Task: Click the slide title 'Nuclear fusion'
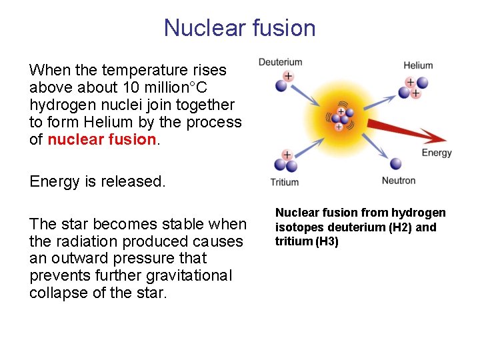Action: (239, 28)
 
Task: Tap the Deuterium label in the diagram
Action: (280, 63)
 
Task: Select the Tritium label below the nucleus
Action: (285, 182)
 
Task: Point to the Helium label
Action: (418, 65)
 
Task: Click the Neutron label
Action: (399, 181)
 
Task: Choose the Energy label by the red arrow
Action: (437, 153)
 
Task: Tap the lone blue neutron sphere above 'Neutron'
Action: (395, 163)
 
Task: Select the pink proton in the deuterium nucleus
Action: (288, 77)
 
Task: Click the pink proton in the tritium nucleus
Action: (287, 155)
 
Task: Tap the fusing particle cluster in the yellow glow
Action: (340, 118)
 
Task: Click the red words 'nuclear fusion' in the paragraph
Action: (101, 139)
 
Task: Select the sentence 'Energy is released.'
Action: (97, 181)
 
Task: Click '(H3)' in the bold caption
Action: (326, 241)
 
